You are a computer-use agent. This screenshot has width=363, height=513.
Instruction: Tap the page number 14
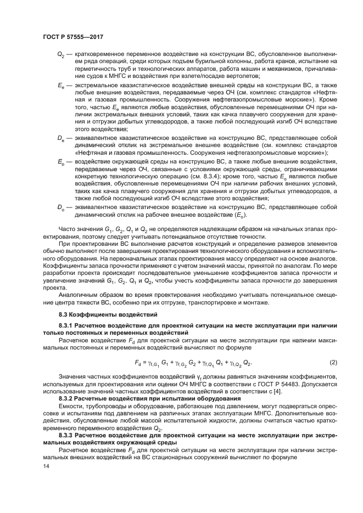pos(46,466)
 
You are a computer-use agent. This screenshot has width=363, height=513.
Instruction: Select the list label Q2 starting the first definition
pos(60,55)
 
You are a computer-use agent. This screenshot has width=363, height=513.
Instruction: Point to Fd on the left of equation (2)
pos(137,363)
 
